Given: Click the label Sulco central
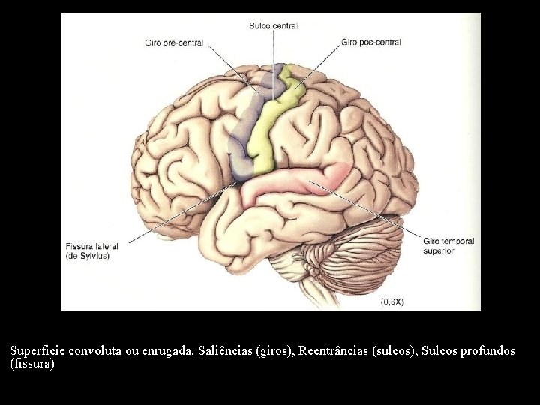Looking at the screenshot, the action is tap(274, 25).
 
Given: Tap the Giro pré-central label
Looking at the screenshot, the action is tap(174, 43).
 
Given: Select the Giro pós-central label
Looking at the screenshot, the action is tap(371, 42).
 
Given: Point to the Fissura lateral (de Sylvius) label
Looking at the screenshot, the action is tap(92, 251).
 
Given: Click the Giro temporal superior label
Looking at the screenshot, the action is tap(448, 246).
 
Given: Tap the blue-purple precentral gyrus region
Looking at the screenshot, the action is tap(246, 130).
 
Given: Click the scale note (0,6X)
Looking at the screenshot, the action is tap(392, 301).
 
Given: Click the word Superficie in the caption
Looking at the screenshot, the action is tap(37, 351).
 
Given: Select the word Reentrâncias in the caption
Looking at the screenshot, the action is tap(333, 351).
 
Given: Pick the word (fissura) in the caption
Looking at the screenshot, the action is tap(32, 364).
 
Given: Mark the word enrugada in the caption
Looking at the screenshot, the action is tap(169, 351).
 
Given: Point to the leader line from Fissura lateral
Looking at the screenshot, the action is tap(182, 212).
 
